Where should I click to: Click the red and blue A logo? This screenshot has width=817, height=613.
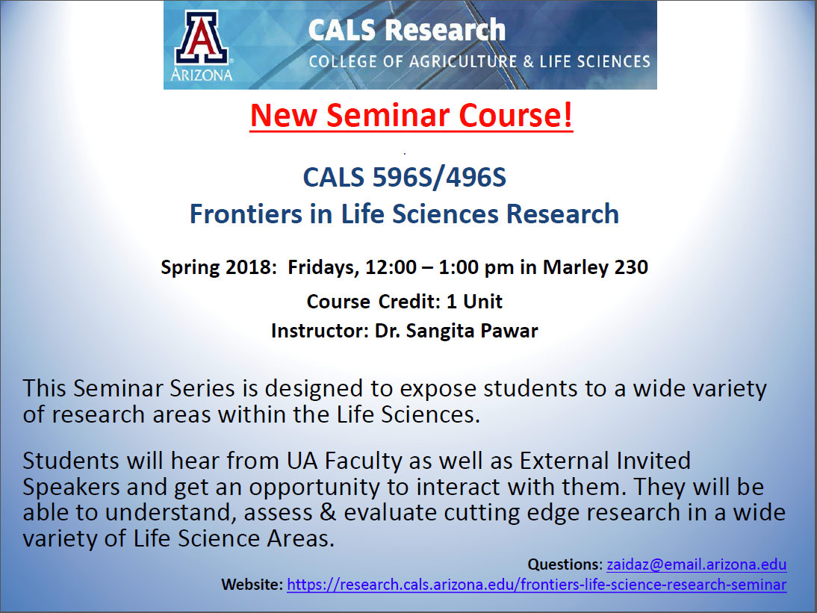click(x=201, y=37)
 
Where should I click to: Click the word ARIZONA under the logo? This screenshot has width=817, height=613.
click(x=202, y=75)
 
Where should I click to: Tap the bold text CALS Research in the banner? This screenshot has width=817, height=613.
click(x=406, y=30)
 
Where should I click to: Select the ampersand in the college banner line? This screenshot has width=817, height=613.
click(x=528, y=62)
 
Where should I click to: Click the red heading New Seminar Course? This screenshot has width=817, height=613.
click(x=411, y=115)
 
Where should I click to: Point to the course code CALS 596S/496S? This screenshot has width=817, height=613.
click(x=404, y=178)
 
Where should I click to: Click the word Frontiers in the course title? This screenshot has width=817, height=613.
click(x=246, y=214)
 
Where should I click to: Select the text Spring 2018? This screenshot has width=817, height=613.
click(x=217, y=267)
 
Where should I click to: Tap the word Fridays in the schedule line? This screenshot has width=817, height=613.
click(x=323, y=268)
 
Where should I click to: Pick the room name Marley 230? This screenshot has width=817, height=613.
click(x=595, y=267)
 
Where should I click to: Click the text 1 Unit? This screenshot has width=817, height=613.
click(x=474, y=302)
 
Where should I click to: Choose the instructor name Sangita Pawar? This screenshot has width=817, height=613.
click(x=471, y=332)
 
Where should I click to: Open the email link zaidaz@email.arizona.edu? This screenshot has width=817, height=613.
click(x=697, y=564)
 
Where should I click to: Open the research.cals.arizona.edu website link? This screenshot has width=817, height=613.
click(x=537, y=585)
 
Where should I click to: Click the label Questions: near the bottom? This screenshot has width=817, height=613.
click(x=565, y=564)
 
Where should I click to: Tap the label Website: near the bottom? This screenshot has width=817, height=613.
click(x=252, y=585)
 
